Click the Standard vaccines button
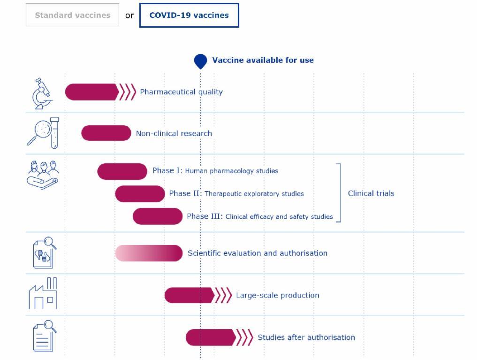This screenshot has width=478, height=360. click(72, 15)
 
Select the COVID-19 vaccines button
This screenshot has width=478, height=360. click(189, 15)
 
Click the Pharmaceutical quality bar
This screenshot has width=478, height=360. click(92, 92)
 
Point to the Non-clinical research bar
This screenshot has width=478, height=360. click(106, 133)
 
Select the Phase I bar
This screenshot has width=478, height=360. click(122, 171)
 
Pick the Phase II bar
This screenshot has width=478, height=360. click(140, 194)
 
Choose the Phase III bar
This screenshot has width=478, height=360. click(158, 216)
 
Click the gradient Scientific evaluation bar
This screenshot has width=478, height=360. click(149, 253)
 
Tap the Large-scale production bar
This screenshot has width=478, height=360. click(190, 295)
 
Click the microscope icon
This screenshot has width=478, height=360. click(42, 93)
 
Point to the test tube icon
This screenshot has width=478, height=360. click(54, 133)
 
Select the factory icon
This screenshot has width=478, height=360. click(43, 293)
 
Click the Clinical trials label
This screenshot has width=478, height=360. click(371, 193)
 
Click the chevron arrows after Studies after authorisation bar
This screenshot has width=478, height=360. click(245, 337)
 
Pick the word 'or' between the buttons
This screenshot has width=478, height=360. click(129, 15)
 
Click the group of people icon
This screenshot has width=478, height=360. click(43, 175)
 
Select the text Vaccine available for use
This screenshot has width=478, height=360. click(263, 60)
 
